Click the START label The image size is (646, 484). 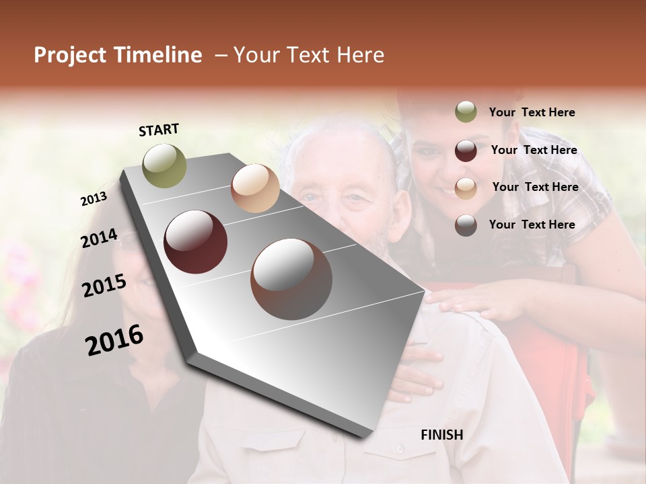[x=159, y=130]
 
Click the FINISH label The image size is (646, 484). [x=441, y=434]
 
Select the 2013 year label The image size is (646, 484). [x=94, y=199]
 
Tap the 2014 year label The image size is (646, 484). [x=99, y=239]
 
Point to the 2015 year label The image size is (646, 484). [x=104, y=286]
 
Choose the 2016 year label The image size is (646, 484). [x=114, y=340]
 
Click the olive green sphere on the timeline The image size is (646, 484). [x=165, y=165]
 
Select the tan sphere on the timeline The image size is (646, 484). [x=255, y=188]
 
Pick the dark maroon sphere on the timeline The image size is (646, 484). [x=196, y=242]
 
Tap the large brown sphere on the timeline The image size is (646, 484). [x=291, y=279]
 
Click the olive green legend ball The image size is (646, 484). [x=466, y=112]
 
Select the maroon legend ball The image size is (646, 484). [x=466, y=151]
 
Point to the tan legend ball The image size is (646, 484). [x=466, y=188]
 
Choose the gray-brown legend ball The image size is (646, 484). [x=466, y=225]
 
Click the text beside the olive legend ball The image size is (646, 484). [x=532, y=112]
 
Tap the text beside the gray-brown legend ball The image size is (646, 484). [x=532, y=225]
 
